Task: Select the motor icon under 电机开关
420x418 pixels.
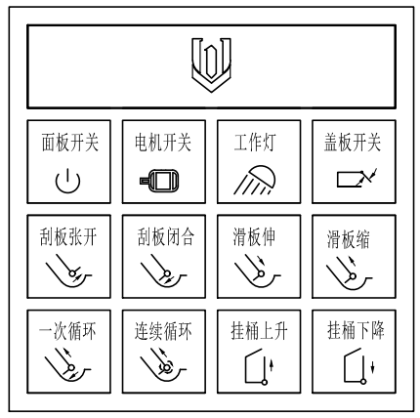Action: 158,181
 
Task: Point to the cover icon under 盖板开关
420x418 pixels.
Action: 349,180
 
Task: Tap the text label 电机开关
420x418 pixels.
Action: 159,143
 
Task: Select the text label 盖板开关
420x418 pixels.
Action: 349,143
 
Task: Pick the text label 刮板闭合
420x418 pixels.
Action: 159,236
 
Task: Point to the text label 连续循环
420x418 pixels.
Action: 159,331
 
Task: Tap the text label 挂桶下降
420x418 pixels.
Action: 349,331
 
